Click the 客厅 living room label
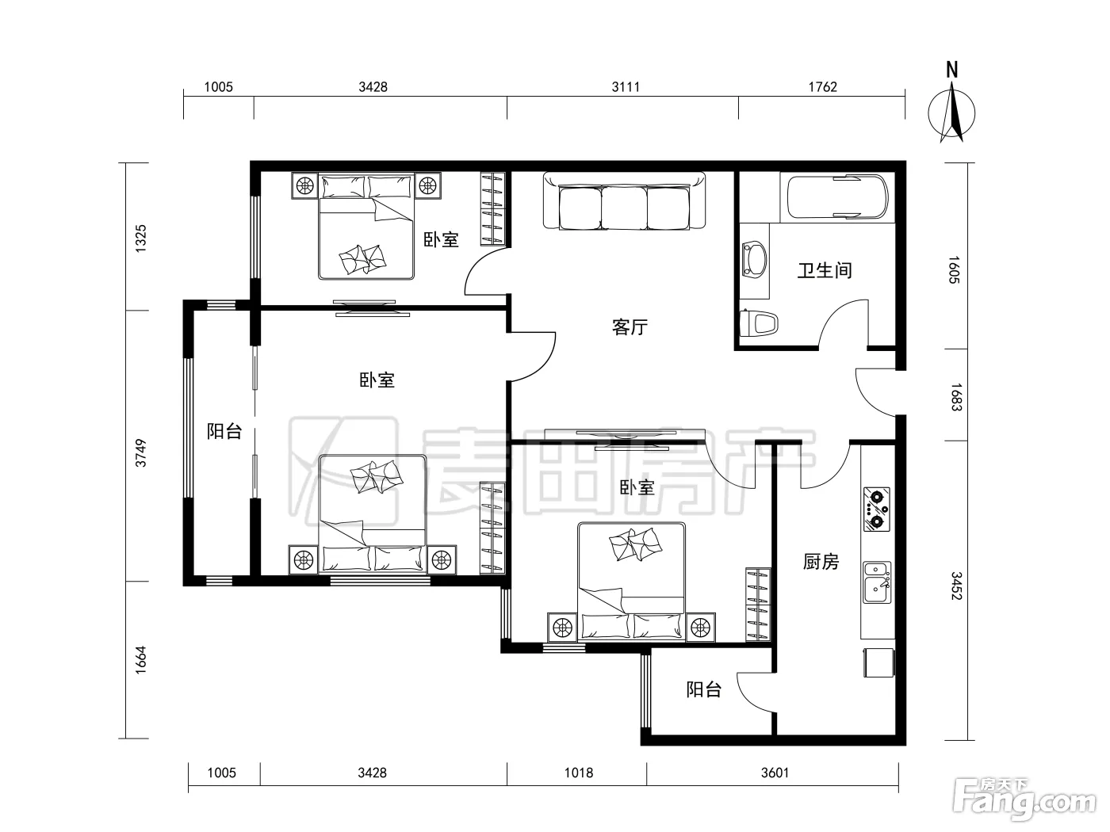coord(630,326)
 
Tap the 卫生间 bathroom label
coord(825,270)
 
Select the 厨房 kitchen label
coord(821,561)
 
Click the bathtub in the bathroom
coord(837,197)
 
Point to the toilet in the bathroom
coord(758,322)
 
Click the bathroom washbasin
coord(755,259)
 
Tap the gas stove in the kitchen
coord(876,509)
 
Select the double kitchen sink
coord(877,582)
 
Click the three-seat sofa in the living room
coord(624,201)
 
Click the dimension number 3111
coord(626,87)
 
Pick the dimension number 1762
coord(823,87)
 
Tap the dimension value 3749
coord(140,452)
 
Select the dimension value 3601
coord(775,773)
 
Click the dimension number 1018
coord(579,773)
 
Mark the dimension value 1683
coord(955,397)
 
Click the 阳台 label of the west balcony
coord(224,431)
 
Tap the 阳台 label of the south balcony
coord(703,689)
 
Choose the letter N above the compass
coord(952,70)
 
